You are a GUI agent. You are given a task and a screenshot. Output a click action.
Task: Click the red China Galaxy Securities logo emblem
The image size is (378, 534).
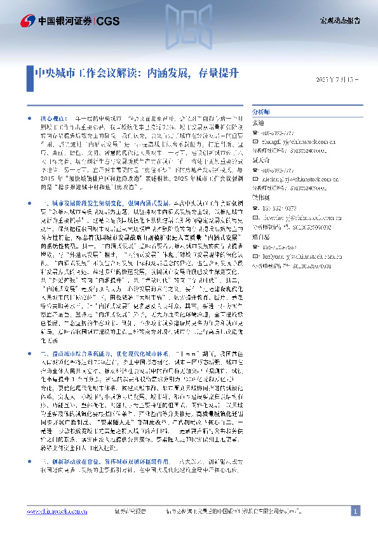(27, 21)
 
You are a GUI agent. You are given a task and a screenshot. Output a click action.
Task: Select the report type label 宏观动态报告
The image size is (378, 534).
(340, 21)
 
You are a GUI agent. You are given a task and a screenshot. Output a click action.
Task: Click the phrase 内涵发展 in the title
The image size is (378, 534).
(168, 72)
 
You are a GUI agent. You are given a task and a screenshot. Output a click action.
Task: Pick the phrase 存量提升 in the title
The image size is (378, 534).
(219, 72)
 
